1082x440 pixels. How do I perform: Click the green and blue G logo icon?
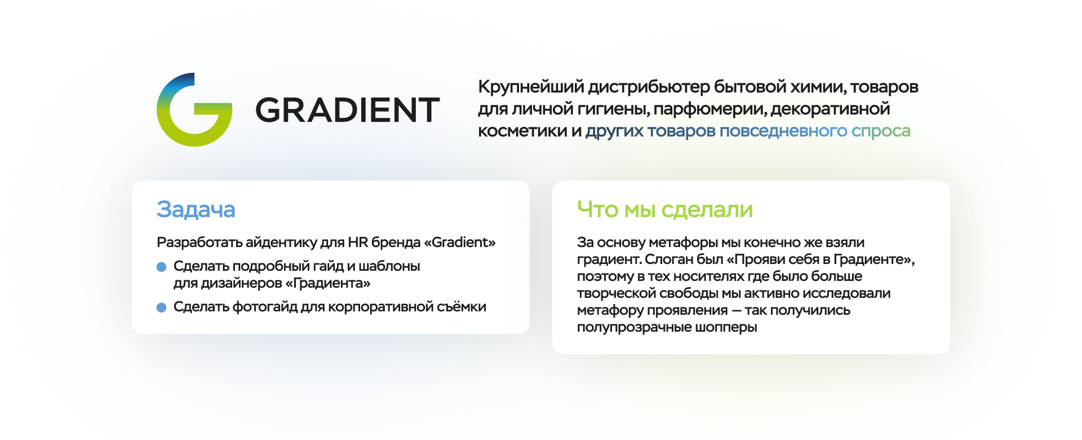pyautogui.click(x=194, y=110)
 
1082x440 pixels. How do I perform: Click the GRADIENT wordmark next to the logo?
pyautogui.click(x=347, y=110)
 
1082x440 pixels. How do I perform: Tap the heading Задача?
pyautogui.click(x=196, y=209)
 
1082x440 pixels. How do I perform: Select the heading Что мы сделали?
pyautogui.click(x=664, y=209)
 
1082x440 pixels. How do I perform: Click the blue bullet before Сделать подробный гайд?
pyautogui.click(x=162, y=267)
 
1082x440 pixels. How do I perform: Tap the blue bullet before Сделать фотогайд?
pyautogui.click(x=162, y=307)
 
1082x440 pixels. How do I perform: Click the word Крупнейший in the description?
pyautogui.click(x=531, y=87)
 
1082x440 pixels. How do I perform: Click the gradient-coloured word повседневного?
pyautogui.click(x=783, y=131)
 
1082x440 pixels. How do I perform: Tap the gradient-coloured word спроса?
pyautogui.click(x=881, y=131)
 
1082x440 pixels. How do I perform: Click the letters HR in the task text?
pyautogui.click(x=358, y=243)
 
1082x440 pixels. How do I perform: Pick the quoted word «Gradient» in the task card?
pyautogui.click(x=460, y=243)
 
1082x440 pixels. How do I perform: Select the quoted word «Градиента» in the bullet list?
pyautogui.click(x=328, y=283)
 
